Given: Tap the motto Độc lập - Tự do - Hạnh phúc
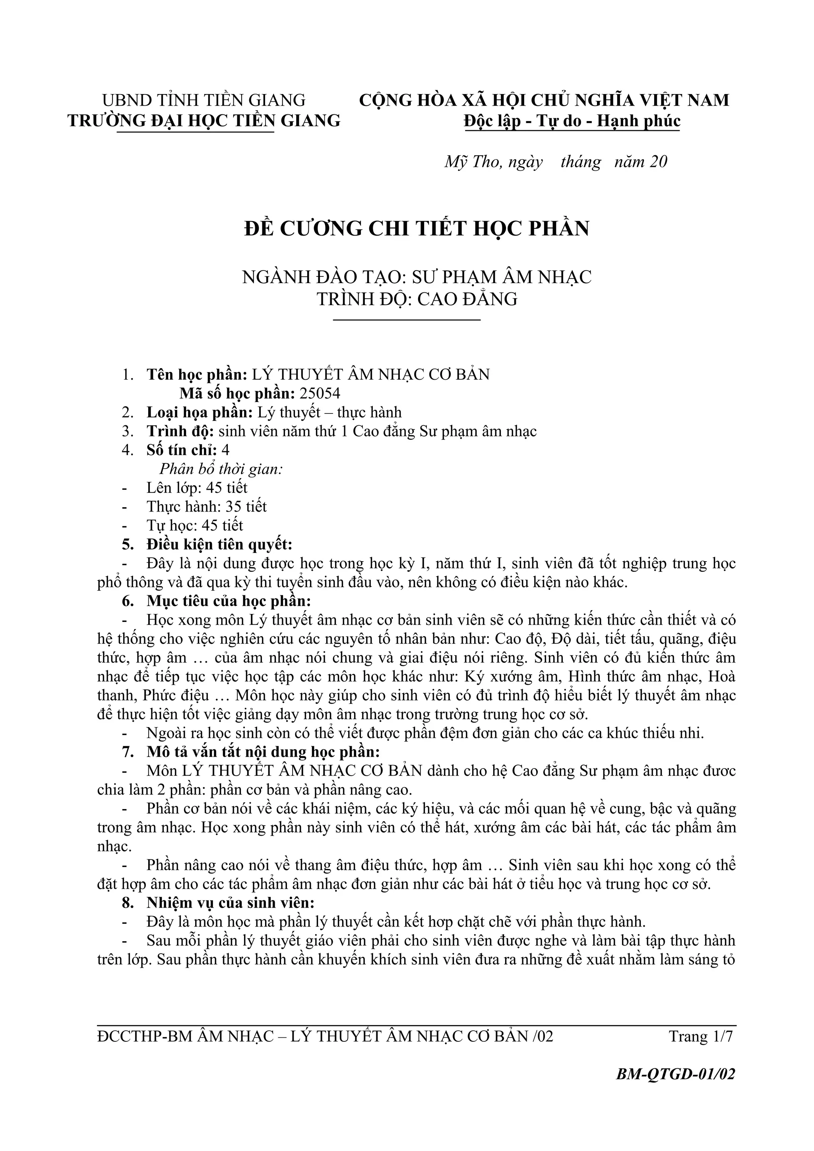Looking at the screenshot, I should click(572, 121).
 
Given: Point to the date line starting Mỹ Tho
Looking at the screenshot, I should click(556, 162).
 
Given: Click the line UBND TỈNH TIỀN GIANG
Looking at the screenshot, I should click(203, 100).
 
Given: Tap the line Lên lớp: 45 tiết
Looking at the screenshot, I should click(197, 488).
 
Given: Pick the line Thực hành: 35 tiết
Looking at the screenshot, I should click(207, 506).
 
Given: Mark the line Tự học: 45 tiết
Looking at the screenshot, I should click(195, 525).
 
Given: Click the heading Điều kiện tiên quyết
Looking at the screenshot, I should click(219, 545).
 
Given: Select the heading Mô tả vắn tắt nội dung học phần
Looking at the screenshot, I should click(263, 752).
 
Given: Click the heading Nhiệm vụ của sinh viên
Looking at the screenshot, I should click(230, 902).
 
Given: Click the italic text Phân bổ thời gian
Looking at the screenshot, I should click(221, 469).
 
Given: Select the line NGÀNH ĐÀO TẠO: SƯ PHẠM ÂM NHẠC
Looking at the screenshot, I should click(417, 277).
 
